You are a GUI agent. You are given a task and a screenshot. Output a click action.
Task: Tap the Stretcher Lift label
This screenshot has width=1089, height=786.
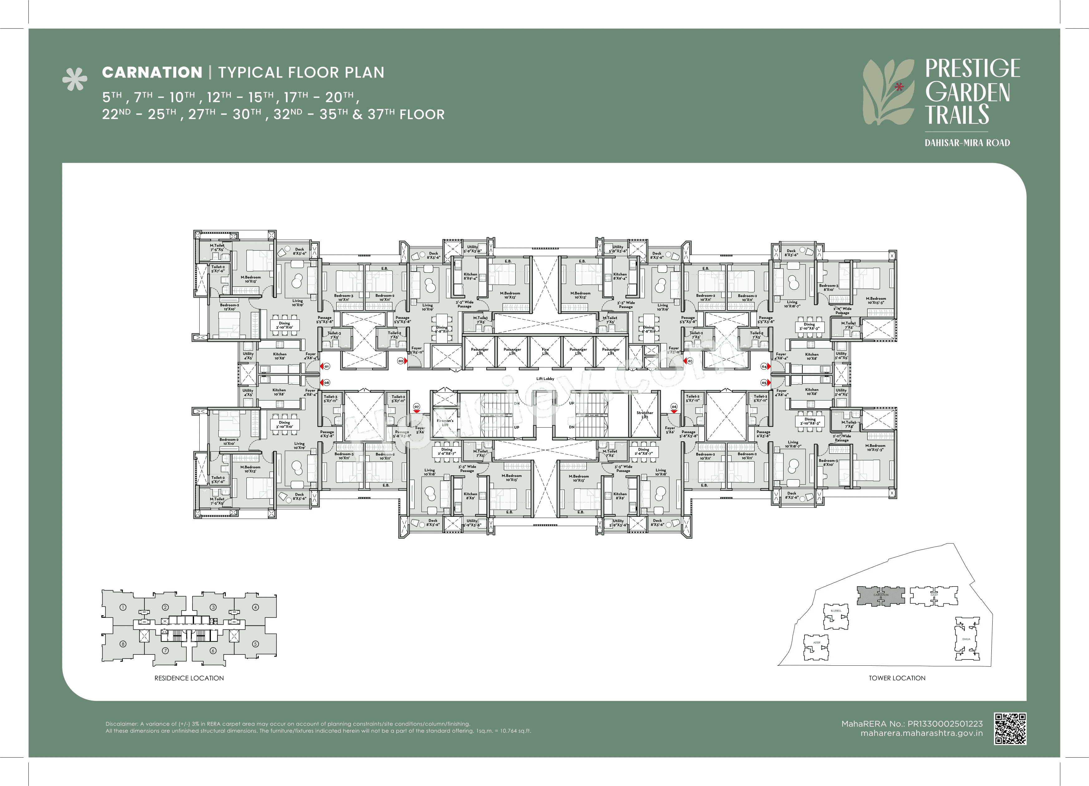(x=644, y=415)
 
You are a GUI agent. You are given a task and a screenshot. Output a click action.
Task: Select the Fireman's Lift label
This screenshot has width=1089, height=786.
(x=445, y=423)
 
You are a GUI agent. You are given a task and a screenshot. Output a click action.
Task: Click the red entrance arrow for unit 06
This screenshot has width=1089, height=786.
(x=674, y=412)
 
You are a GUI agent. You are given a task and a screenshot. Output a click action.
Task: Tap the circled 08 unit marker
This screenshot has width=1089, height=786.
(x=327, y=382)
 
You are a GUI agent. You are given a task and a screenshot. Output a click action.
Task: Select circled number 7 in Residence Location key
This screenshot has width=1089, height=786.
(x=165, y=651)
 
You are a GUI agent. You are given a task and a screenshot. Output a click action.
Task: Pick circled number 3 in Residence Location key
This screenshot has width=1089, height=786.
(x=213, y=607)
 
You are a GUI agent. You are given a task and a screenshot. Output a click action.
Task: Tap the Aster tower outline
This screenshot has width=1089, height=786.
(x=816, y=646)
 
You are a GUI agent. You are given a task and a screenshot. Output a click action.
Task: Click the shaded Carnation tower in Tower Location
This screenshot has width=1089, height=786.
(x=881, y=596)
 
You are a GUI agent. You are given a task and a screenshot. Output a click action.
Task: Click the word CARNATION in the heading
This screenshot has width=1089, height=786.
(x=152, y=72)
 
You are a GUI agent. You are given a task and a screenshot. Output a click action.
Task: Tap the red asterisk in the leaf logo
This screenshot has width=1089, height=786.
(x=899, y=87)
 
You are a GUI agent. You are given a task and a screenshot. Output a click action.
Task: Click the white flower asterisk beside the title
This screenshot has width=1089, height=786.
(x=75, y=79)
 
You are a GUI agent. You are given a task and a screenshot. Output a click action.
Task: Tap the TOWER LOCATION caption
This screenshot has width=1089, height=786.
(x=897, y=678)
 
